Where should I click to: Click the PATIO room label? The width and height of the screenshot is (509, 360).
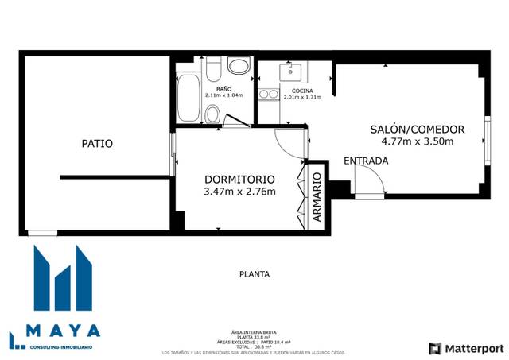click(x=97, y=144)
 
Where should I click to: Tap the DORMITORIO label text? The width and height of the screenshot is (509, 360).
click(x=239, y=179)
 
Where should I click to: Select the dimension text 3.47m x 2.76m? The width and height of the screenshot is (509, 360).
click(x=239, y=192)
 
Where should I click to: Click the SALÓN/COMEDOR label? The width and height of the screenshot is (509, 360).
click(x=417, y=130)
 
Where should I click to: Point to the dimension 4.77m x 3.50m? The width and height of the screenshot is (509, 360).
click(x=417, y=142)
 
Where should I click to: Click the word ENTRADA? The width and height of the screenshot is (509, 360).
click(x=366, y=161)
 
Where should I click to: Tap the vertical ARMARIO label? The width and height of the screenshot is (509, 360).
click(x=316, y=199)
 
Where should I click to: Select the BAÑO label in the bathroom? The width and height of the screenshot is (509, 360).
click(x=223, y=88)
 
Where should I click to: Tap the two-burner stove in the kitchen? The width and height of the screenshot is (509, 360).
click(x=268, y=95)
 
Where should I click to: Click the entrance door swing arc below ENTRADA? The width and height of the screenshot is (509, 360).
click(x=371, y=184)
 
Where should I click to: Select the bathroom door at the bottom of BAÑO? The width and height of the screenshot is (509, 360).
click(x=236, y=122)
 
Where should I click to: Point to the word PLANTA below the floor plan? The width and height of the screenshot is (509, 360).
click(x=254, y=274)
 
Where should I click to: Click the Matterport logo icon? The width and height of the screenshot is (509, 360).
click(x=434, y=348)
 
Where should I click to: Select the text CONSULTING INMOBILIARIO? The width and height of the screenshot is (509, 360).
click(x=60, y=346)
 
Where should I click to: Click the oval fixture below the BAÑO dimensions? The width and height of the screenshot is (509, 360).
click(x=212, y=114)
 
